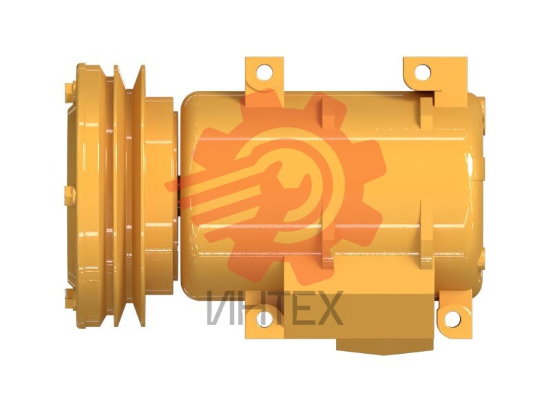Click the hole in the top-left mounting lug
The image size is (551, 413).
[x=264, y=72]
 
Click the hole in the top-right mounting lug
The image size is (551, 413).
[x=422, y=72]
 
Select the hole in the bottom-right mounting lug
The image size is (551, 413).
[x=452, y=318]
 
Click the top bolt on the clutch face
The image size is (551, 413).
[x=70, y=93]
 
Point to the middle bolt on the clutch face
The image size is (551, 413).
[x=70, y=195]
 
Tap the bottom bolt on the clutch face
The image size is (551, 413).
[x=70, y=299]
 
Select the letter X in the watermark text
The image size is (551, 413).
[x=326, y=308]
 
